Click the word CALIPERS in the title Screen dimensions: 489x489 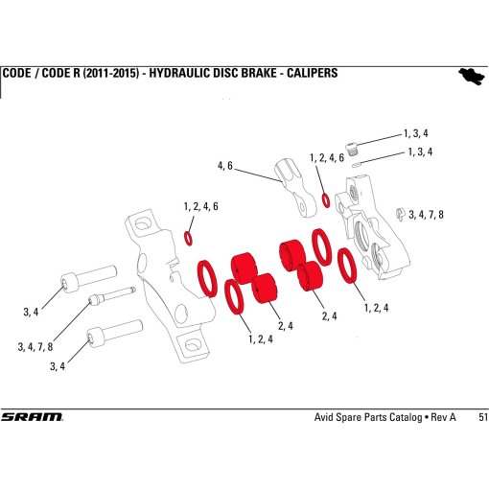pos(302,74)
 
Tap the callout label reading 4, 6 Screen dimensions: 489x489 pos(225,166)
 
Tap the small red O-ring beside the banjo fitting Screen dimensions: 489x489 pos(327,201)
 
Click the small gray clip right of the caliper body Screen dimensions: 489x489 pos(399,214)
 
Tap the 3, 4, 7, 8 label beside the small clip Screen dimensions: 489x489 pos(427,214)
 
